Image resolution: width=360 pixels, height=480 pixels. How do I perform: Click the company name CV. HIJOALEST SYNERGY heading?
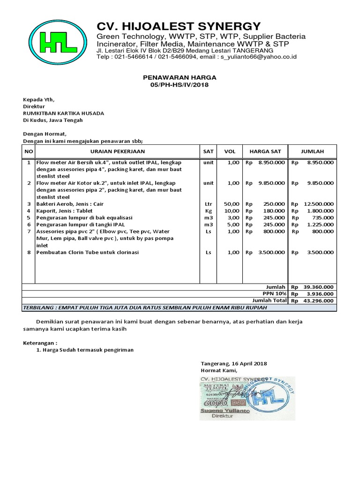(x=178, y=26)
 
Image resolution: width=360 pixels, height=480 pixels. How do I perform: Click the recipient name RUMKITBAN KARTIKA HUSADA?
(x=64, y=113)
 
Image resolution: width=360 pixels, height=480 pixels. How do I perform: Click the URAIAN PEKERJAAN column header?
(x=117, y=151)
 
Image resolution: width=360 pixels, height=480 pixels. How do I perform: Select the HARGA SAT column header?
(x=265, y=151)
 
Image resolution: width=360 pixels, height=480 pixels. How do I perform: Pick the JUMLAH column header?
(x=312, y=151)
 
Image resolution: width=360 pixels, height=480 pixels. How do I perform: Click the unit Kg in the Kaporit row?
(x=208, y=211)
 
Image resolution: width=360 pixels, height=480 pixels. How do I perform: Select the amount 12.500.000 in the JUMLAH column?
(x=318, y=204)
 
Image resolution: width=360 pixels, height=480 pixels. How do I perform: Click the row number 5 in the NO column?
(x=29, y=217)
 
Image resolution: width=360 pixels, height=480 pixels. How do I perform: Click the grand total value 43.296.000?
(x=318, y=301)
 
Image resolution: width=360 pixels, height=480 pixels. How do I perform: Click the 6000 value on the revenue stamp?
(x=214, y=403)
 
